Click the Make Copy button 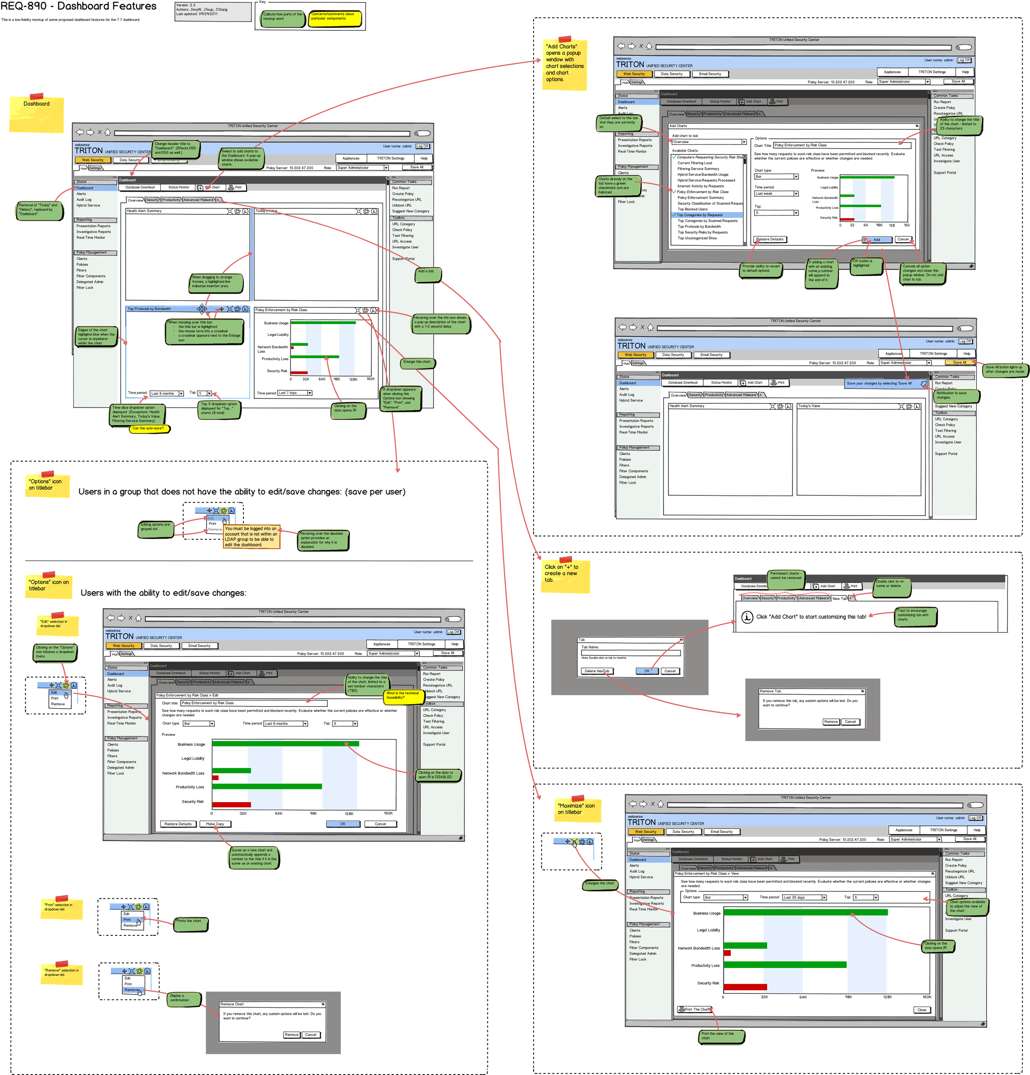click(215, 824)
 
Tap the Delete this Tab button click(597, 671)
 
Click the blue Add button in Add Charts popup click(876, 240)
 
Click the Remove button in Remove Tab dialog click(831, 722)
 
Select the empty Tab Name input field click(630, 653)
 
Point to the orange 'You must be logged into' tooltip click(251, 537)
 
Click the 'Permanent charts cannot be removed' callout click(786, 576)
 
